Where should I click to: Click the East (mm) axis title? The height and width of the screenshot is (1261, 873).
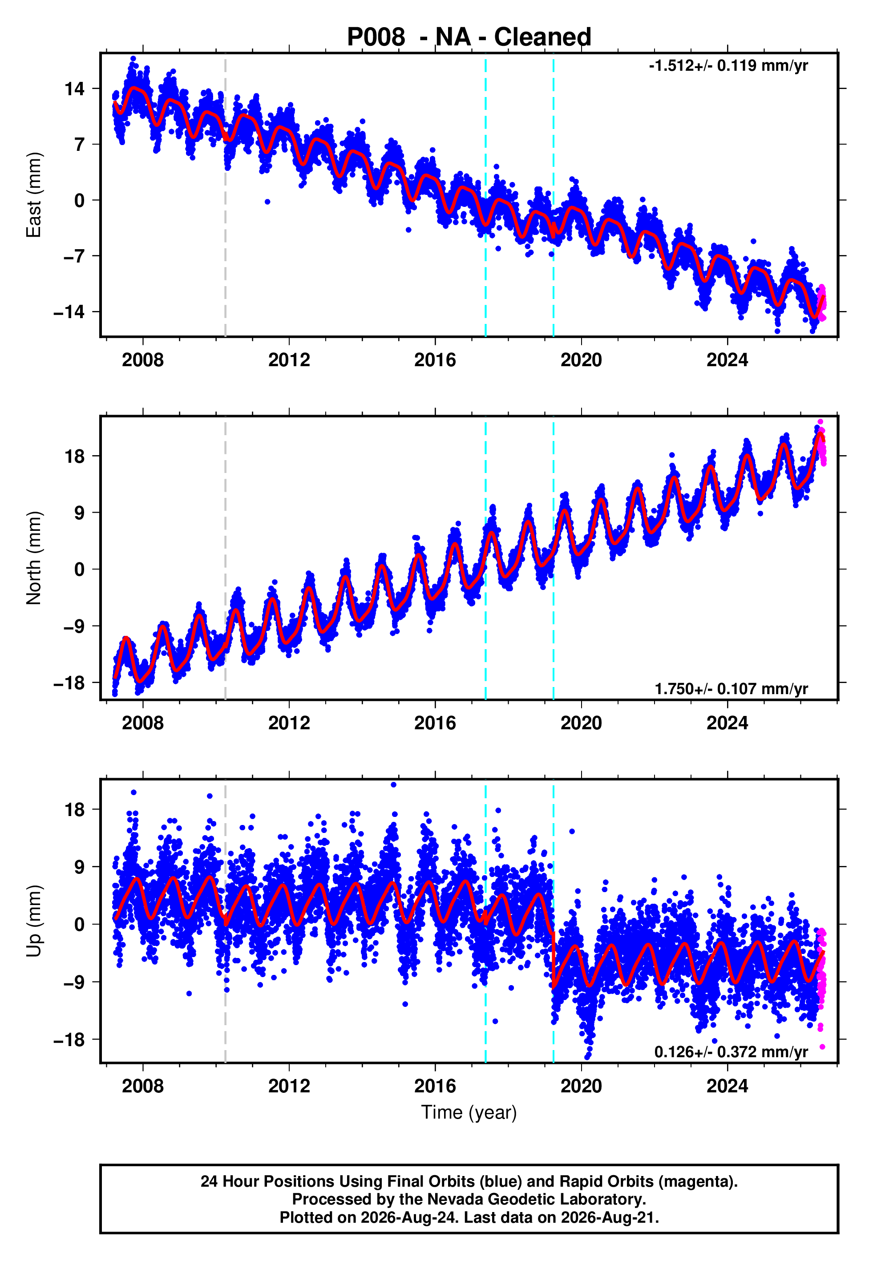click(34, 195)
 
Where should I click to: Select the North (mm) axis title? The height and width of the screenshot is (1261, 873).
click(34, 558)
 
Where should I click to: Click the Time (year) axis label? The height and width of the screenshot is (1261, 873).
click(469, 1112)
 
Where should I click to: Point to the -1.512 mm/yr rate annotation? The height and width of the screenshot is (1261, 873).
click(728, 65)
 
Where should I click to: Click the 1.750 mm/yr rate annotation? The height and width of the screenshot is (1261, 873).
click(732, 688)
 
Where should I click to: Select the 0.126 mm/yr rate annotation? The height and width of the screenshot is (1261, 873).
click(732, 1051)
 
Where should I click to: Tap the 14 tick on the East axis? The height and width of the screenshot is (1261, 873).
click(75, 89)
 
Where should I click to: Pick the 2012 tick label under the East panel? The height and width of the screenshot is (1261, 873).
click(289, 360)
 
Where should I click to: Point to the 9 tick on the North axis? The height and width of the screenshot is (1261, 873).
click(80, 513)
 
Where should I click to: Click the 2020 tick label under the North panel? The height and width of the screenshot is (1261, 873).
click(581, 723)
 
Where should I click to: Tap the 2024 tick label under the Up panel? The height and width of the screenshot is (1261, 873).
click(727, 1086)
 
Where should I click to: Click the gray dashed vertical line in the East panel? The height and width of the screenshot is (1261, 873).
click(225, 195)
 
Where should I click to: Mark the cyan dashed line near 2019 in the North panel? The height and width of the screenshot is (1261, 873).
click(554, 558)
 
